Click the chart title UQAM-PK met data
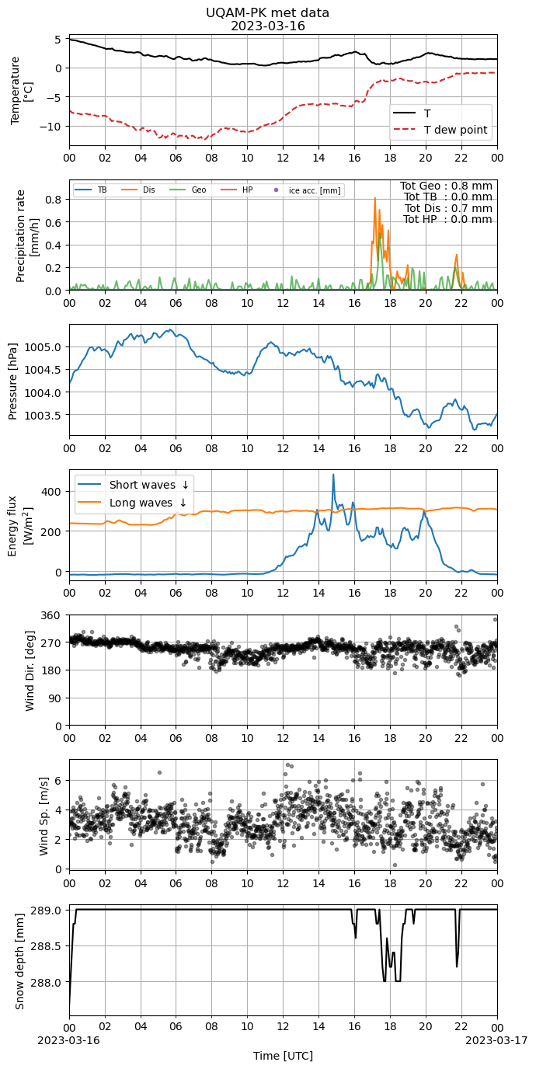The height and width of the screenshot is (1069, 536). click(267, 12)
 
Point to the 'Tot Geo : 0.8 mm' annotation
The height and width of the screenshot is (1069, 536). click(446, 186)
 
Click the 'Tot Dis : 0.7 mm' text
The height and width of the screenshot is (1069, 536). click(448, 208)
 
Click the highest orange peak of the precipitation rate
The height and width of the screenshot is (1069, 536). click(374, 197)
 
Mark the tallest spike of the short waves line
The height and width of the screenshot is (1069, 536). click(333, 475)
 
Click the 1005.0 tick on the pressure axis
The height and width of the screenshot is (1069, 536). click(43, 347)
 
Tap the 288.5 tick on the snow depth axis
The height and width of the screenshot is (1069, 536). click(46, 946)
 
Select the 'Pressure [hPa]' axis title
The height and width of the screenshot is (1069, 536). click(13, 381)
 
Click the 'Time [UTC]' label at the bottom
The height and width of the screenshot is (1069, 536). click(283, 1056)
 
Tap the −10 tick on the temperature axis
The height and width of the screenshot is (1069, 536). click(50, 127)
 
